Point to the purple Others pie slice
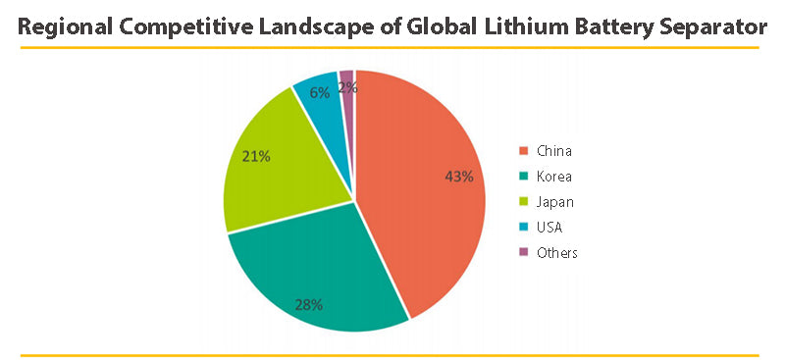(346, 77)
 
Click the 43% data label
(459, 177)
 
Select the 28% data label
(309, 304)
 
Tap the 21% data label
(257, 156)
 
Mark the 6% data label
(319, 92)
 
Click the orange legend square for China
(524, 151)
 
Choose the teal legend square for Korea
(524, 177)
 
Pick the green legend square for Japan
(524, 202)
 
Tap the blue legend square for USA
(524, 228)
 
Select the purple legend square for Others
(524, 253)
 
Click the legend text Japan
(555, 202)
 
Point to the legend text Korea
(554, 177)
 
